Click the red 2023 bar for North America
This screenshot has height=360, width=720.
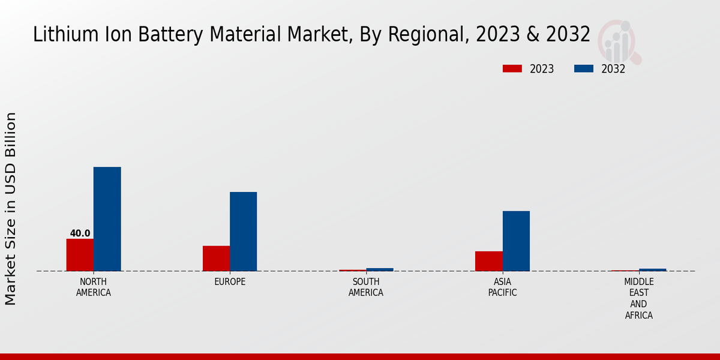pos(80,255)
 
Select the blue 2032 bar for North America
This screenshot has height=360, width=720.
pos(107,219)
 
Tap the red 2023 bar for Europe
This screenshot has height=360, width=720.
pos(216,259)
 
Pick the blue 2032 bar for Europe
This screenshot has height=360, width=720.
pos(243,232)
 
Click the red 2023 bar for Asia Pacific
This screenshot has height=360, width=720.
pos(488,261)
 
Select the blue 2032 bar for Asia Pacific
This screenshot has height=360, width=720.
pos(516,241)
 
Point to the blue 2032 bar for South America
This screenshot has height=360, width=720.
pos(380,269)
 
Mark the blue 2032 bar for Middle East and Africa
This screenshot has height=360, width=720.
pos(653,270)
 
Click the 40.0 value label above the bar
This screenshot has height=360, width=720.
pos(80,233)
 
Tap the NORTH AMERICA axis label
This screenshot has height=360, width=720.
pos(94,287)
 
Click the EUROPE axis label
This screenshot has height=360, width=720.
pos(230,282)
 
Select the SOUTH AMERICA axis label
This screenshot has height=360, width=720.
pos(366,287)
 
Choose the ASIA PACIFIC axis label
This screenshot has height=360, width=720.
pos(502,287)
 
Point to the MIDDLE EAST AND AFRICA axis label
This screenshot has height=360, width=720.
pos(639,299)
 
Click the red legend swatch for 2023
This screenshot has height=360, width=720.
pos(512,69)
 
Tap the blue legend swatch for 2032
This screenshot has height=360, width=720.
pos(583,69)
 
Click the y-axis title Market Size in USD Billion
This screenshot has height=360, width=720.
pos(11,208)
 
